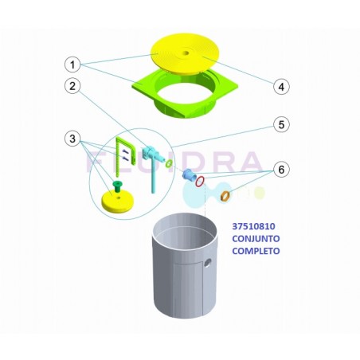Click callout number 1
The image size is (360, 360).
click(x=72, y=65)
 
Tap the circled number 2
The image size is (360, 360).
click(x=72, y=86)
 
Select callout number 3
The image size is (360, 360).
click(x=72, y=139)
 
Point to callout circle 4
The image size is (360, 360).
click(x=281, y=86)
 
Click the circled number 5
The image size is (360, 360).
click(x=281, y=125)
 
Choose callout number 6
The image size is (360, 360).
click(x=281, y=170)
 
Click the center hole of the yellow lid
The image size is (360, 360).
click(x=186, y=53)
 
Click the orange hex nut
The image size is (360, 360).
click(x=225, y=196)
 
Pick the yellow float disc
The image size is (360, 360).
click(x=118, y=201)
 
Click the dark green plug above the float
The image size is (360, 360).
click(x=116, y=186)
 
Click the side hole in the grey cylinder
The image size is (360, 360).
click(x=208, y=263)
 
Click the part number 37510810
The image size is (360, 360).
click(x=253, y=226)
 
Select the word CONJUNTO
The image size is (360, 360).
click(x=256, y=238)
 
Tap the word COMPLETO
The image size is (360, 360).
click(x=256, y=251)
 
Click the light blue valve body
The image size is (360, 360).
click(x=149, y=152)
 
